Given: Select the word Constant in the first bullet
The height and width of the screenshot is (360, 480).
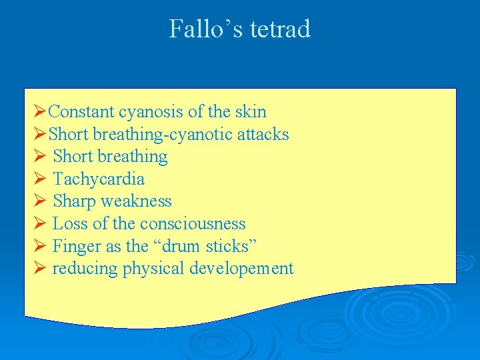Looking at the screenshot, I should tap(82, 112).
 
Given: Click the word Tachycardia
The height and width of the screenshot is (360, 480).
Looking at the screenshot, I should tap(98, 179).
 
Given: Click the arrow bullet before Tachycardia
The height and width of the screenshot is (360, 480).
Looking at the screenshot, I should tap(39, 179).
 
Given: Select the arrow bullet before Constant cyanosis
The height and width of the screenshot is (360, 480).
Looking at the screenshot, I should tap(39, 112).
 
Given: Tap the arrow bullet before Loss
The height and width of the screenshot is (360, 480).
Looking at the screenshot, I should tap(39, 224).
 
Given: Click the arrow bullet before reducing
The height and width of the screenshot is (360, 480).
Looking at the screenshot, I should tap(39, 269).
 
